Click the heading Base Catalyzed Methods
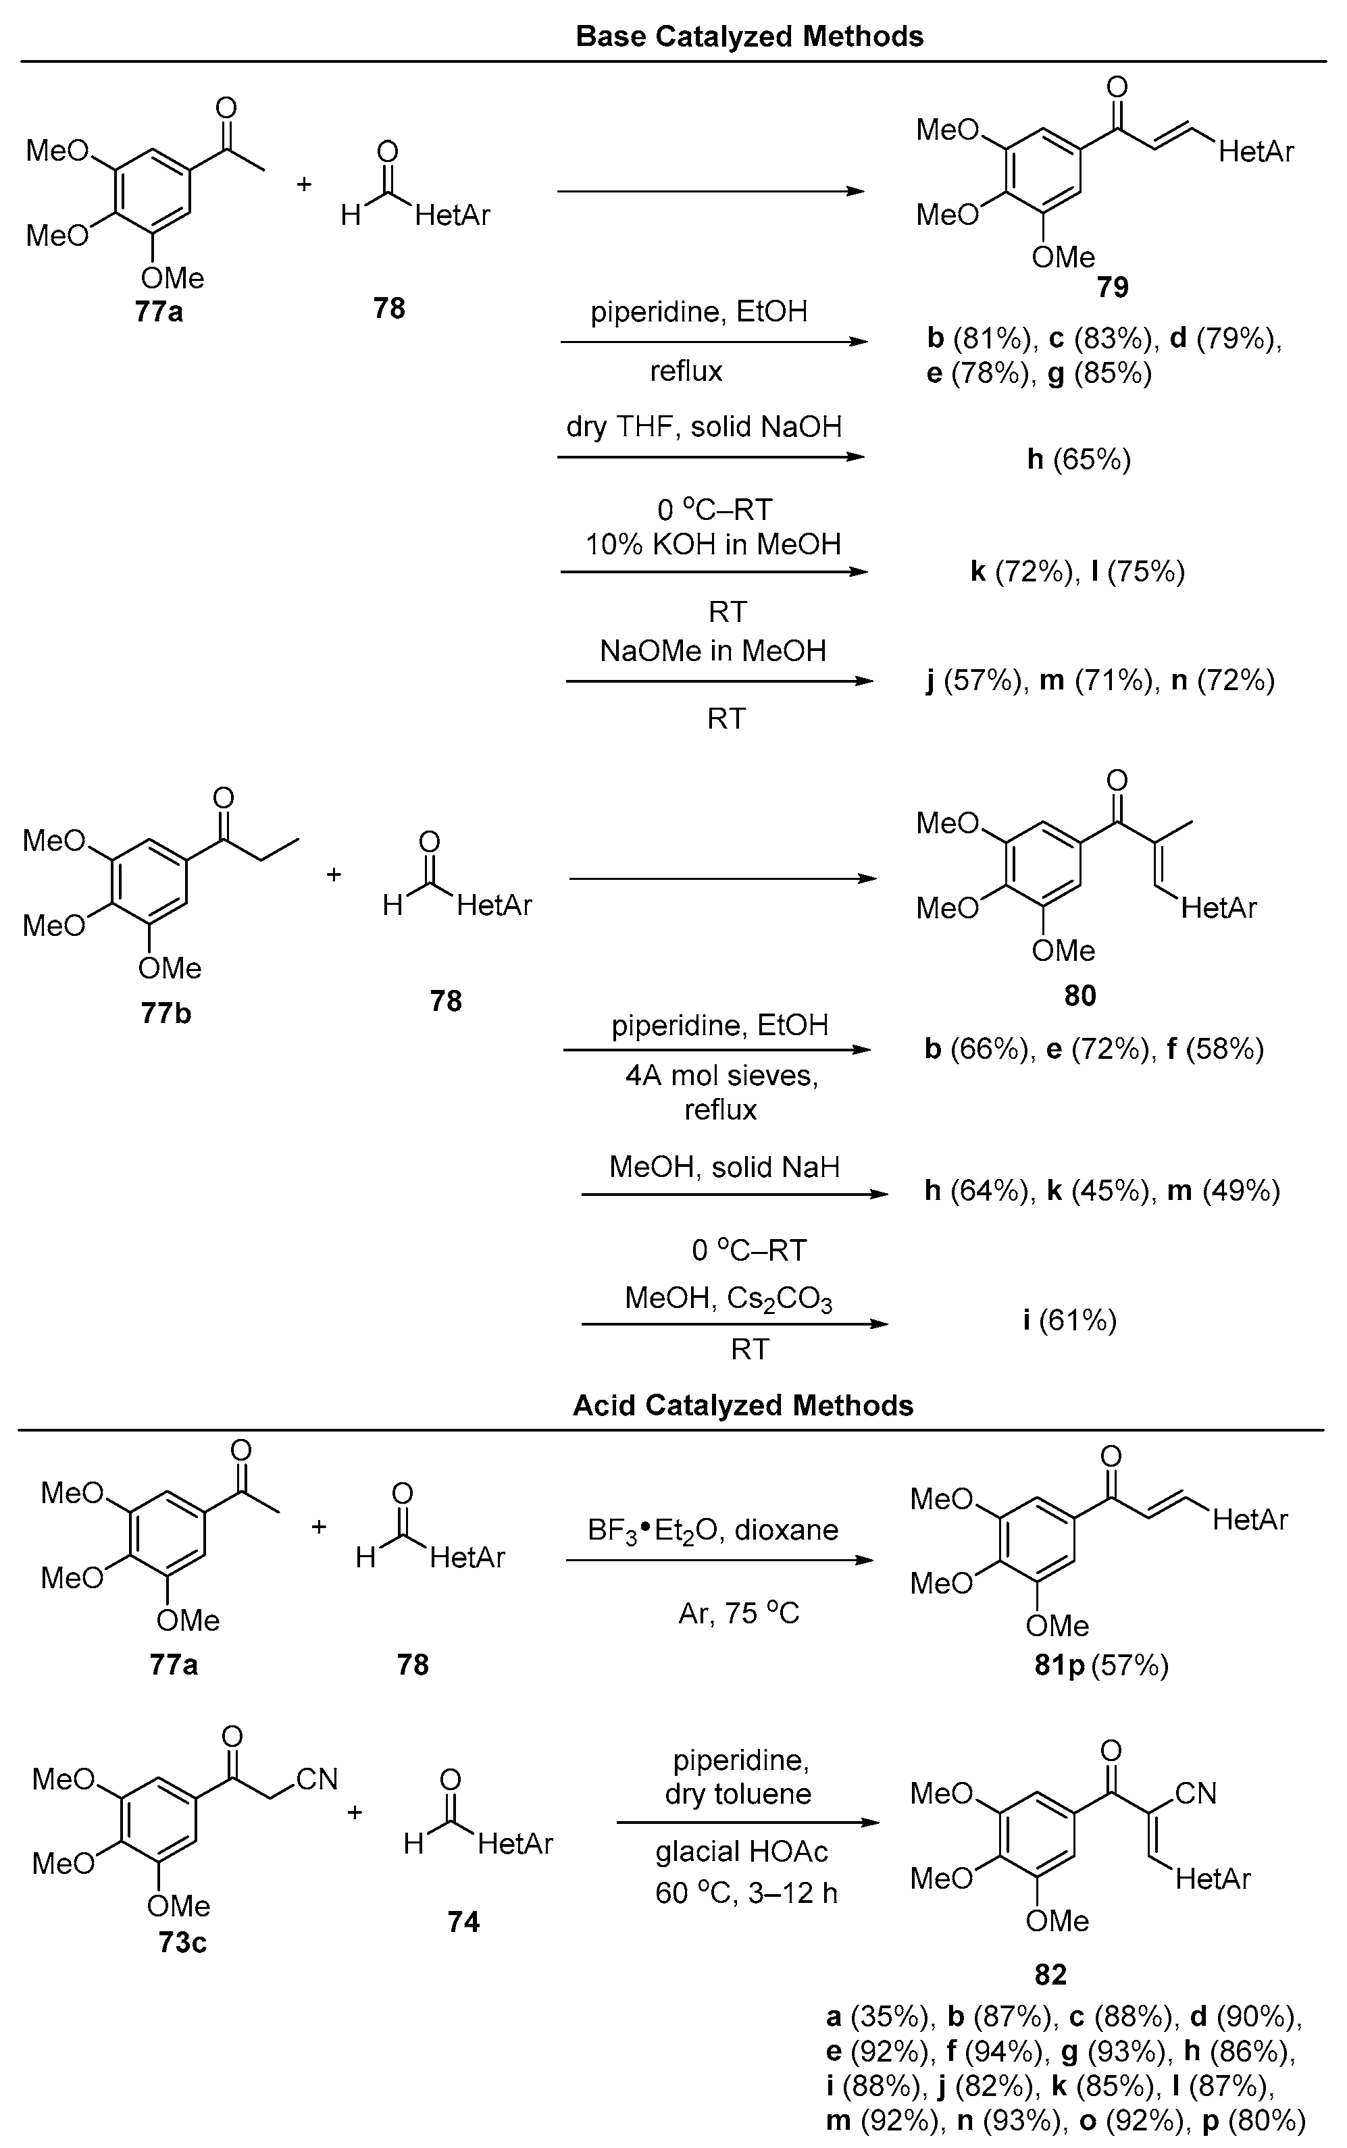click(749, 36)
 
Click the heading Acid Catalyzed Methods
click(743, 1405)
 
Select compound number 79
click(1113, 287)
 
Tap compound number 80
click(1079, 995)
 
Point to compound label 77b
click(166, 1014)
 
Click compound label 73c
click(182, 1941)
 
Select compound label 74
click(463, 1922)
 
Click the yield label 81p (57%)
click(1100, 1665)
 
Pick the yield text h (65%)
click(1078, 460)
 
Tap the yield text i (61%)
click(1069, 1319)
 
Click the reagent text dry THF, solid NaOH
click(704, 427)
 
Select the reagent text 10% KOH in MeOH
click(713, 544)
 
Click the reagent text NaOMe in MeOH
click(713, 651)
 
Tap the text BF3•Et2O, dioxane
click(713, 1530)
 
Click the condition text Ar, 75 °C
click(738, 1613)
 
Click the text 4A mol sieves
click(721, 1076)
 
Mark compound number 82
click(1050, 1975)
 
